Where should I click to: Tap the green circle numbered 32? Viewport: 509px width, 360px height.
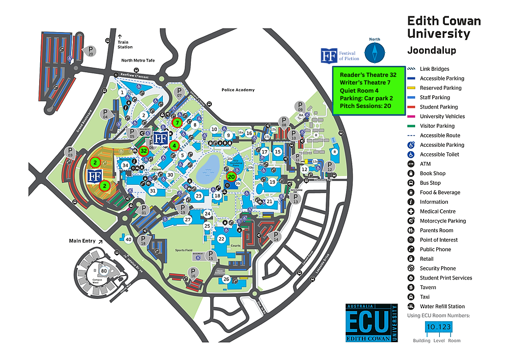click(x=144, y=151)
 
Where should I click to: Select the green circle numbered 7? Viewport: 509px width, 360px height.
click(x=177, y=123)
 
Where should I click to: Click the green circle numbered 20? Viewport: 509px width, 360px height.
click(x=231, y=177)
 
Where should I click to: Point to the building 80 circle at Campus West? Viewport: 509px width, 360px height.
click(x=104, y=271)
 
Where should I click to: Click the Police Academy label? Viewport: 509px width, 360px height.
click(x=238, y=90)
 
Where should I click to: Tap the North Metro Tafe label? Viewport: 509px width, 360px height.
click(x=137, y=61)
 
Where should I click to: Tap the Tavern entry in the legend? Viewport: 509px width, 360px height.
click(x=428, y=287)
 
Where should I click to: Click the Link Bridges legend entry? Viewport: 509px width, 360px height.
click(x=434, y=69)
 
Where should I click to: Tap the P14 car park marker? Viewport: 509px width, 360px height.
click(x=276, y=236)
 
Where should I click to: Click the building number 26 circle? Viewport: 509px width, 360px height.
click(x=227, y=279)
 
